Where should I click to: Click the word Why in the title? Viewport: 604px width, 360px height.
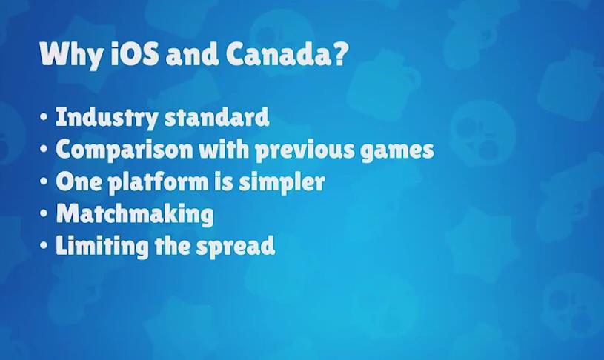[71, 55]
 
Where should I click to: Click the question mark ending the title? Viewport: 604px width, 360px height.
[337, 53]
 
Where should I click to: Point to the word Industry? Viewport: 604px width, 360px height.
[106, 117]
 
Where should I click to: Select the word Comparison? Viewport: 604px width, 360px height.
[124, 150]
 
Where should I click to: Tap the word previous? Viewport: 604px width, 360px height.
[305, 150]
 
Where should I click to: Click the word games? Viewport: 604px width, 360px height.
[397, 150]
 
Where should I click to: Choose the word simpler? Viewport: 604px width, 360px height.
[282, 181]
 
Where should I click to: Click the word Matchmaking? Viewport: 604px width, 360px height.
[135, 213]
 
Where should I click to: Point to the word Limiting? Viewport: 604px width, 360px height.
[102, 246]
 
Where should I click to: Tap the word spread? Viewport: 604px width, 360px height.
[236, 246]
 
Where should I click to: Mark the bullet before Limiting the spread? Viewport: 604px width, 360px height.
[44, 245]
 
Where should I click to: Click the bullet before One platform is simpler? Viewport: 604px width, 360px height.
[44, 181]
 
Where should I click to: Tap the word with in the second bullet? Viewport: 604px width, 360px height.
[224, 148]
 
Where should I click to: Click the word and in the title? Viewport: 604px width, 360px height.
[192, 54]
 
